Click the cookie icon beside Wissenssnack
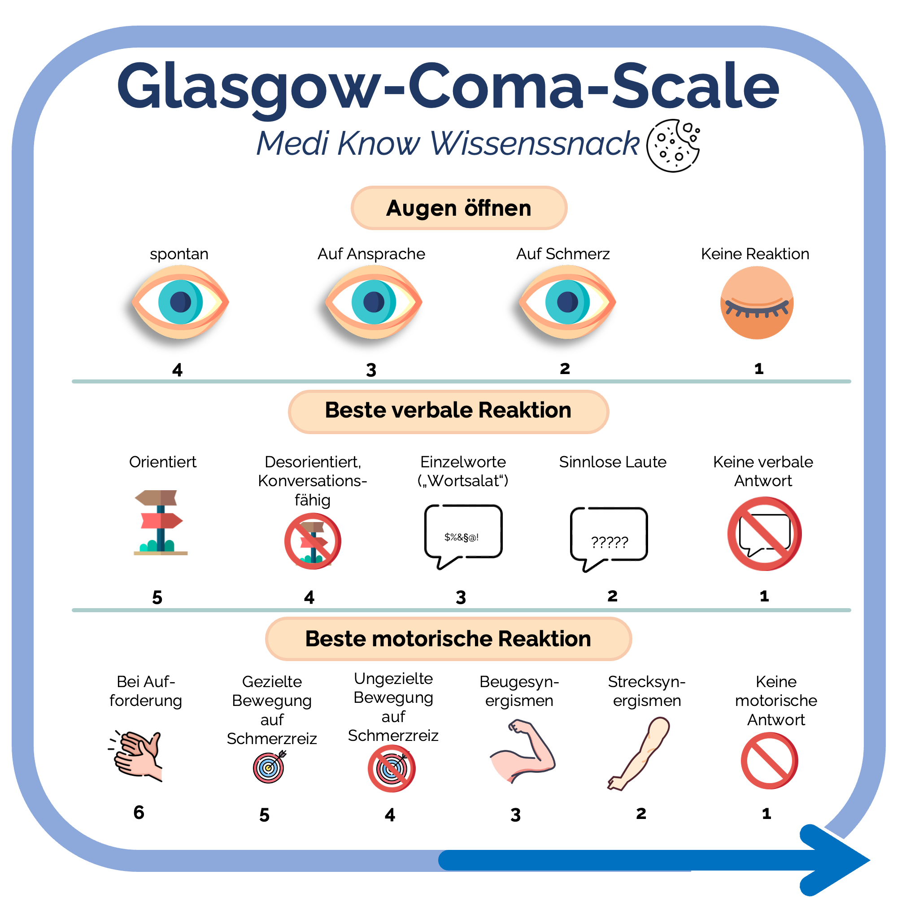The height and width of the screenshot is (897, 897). coord(673,145)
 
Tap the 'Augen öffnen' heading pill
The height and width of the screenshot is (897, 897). coord(459,208)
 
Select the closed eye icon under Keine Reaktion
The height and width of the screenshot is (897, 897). coord(756,303)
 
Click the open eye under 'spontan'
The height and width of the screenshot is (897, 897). coord(180,302)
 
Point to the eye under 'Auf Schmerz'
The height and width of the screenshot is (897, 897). coord(567,302)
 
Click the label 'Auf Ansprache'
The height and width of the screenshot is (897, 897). coord(371,254)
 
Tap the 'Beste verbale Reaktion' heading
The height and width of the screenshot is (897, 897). coord(448,411)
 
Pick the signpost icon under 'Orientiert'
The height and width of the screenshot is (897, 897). coord(160,523)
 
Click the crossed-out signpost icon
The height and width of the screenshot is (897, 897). coord(313,541)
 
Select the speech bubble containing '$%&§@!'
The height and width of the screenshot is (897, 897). coord(463,534)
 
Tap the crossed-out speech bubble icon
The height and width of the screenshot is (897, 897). coord(764,534)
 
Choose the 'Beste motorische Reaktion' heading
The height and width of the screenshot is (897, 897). coord(448,639)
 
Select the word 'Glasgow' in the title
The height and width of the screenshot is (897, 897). coord(248,87)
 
